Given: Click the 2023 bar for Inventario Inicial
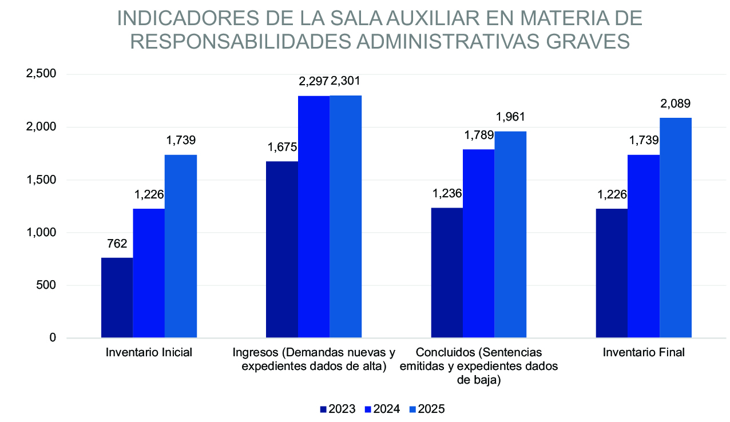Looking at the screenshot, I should pos(117,298).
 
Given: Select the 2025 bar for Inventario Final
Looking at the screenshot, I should pos(676,228).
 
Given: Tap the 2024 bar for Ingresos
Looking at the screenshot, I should pos(314,217).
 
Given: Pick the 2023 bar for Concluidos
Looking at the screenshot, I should pos(447,273).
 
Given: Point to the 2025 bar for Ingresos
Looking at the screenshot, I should pos(346,217).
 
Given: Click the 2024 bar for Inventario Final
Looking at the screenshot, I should pos(644,246).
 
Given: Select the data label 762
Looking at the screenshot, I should pos(117,244).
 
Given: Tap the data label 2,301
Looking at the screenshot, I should pos(346,81).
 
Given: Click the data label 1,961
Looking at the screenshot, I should pos(510,117).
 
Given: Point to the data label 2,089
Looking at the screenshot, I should pos(676,103).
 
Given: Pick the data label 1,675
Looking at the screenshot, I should pos(282,148).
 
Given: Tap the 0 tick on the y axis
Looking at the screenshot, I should pos(53,338).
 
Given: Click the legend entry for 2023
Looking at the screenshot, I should pos(338,409).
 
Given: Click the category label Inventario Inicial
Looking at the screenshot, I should pos(149,352).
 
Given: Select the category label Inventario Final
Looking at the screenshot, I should pos(644,352).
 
